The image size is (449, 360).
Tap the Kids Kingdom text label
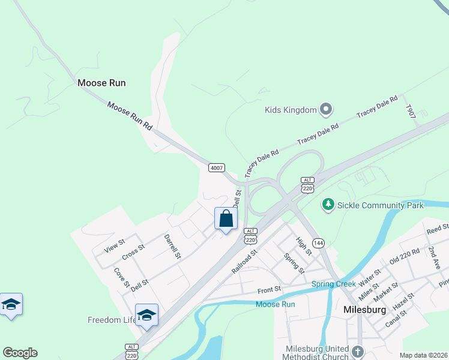291,110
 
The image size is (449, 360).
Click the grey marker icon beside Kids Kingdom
326,109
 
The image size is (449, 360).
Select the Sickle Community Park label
380,205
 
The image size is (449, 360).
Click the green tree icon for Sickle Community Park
328,205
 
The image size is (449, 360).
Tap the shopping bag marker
226,218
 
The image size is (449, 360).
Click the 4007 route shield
217,167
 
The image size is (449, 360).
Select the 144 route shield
318,243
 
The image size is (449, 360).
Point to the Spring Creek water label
334,283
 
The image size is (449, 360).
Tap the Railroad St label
244,262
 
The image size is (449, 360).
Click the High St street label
304,246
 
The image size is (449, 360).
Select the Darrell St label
172,246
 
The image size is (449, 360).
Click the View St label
114,245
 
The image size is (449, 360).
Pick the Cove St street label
122,278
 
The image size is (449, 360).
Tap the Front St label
269,289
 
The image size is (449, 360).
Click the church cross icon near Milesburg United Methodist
358,351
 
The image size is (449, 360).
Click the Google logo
20,353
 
